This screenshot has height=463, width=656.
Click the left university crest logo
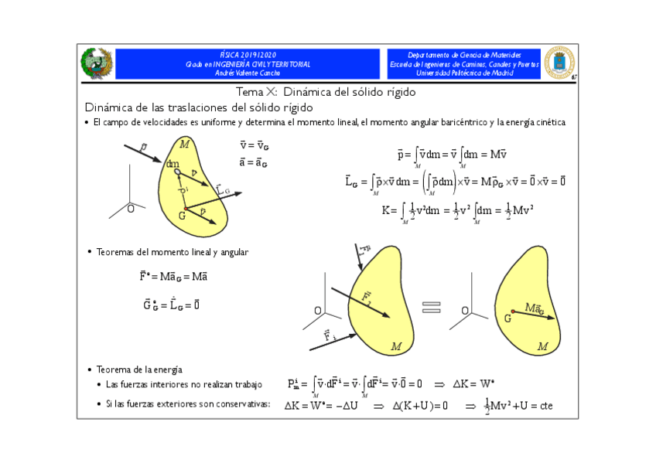pyautogui.click(x=98, y=63)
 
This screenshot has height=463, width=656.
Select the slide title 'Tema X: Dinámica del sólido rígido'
pyautogui.click(x=329, y=92)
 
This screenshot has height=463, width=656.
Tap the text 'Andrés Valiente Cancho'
pyautogui.click(x=248, y=73)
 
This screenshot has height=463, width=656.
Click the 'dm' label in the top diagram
pyautogui.click(x=173, y=164)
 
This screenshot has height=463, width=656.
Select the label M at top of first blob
pyautogui.click(x=184, y=144)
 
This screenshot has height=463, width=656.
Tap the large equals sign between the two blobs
pyautogui.click(x=432, y=307)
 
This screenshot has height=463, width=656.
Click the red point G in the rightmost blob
pyautogui.click(x=513, y=312)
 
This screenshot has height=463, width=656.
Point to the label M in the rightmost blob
pyautogui.click(x=543, y=346)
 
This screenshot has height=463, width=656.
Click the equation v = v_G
pyautogui.click(x=255, y=145)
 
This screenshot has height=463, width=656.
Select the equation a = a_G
pyautogui.click(x=255, y=162)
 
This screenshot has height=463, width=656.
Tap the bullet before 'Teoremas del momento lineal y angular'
pyautogui.click(x=89, y=252)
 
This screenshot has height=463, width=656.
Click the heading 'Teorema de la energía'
pyautogui.click(x=139, y=369)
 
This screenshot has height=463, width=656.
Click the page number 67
pyautogui.click(x=574, y=77)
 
